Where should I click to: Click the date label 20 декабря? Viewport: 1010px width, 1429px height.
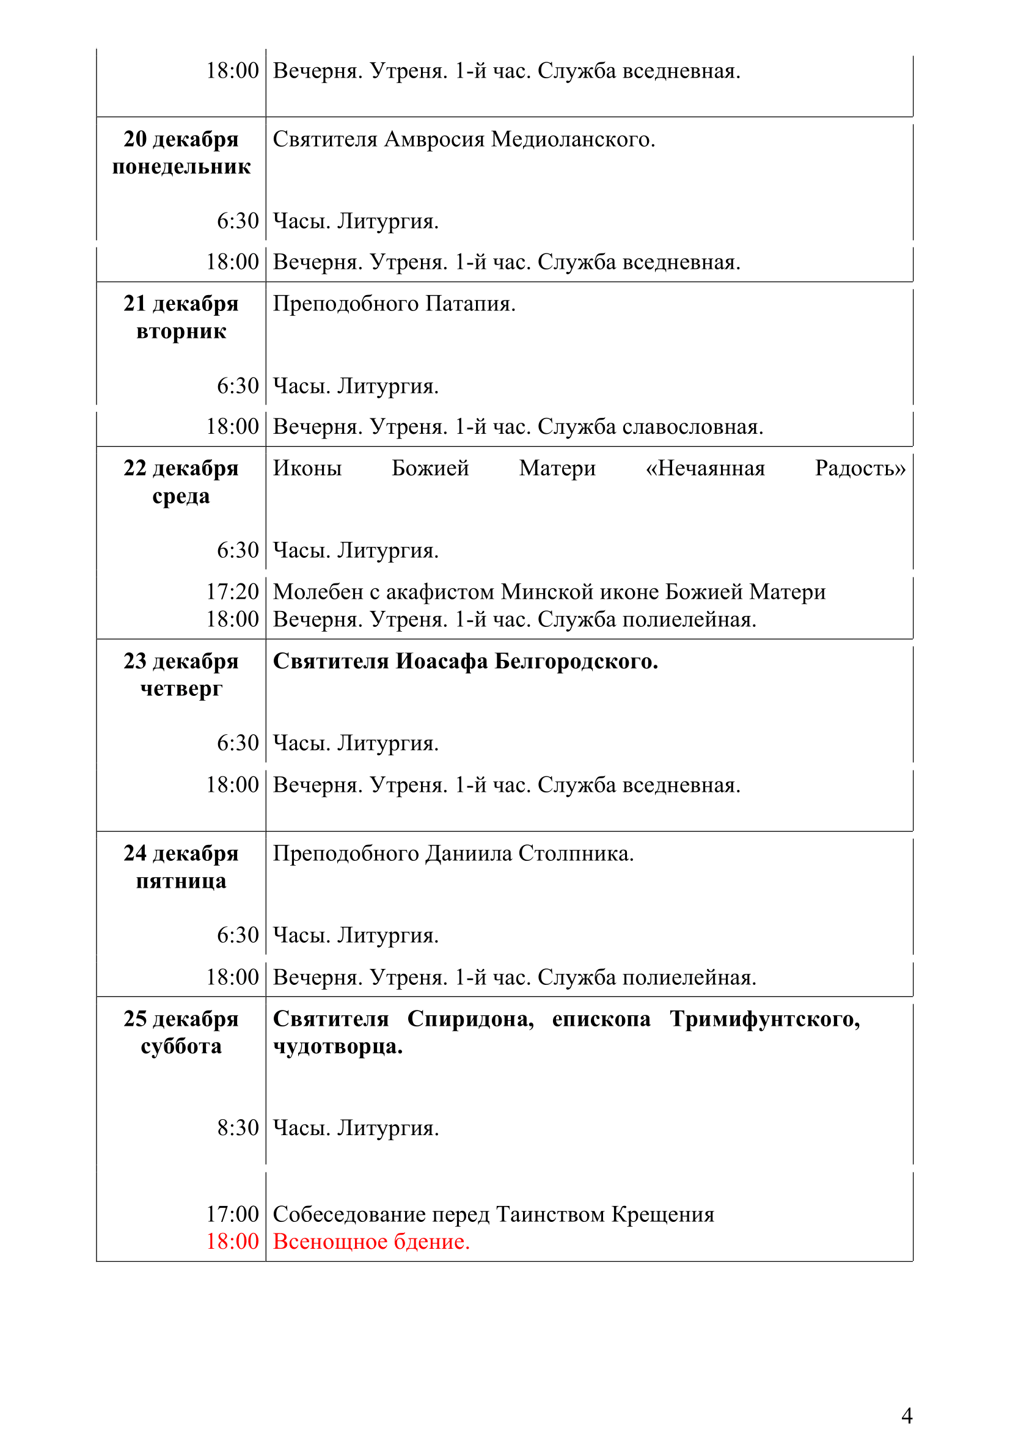(x=180, y=139)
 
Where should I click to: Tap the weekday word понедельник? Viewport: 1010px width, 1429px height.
(x=181, y=167)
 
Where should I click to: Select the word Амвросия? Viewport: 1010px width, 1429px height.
(x=434, y=139)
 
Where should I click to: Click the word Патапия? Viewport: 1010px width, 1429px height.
(x=470, y=304)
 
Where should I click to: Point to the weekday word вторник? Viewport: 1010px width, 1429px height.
(x=181, y=332)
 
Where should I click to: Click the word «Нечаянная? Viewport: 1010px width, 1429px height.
(x=705, y=468)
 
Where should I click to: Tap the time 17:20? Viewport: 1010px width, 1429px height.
(x=232, y=591)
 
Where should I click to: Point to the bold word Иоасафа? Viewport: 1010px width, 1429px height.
(x=441, y=661)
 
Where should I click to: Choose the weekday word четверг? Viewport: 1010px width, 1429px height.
(x=181, y=689)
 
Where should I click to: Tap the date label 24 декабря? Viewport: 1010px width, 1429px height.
(x=180, y=853)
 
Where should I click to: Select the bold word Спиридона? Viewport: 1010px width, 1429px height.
(x=470, y=1019)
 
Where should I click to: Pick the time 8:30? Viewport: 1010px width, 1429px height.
(x=237, y=1128)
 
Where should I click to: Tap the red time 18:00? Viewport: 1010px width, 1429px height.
(x=232, y=1241)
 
